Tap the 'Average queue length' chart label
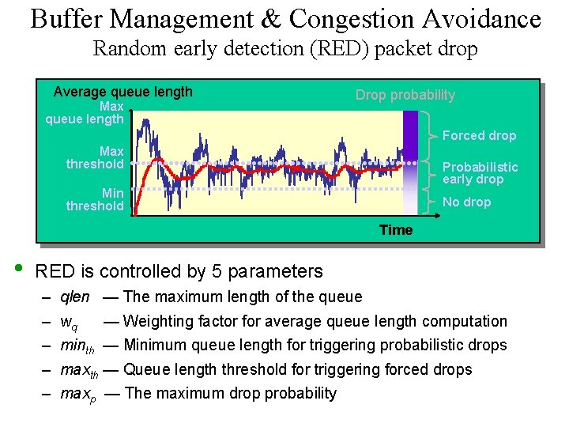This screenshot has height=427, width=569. pyautogui.click(x=122, y=92)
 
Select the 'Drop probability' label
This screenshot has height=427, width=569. pyautogui.click(x=405, y=95)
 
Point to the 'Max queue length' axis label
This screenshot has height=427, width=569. pyautogui.click(x=85, y=112)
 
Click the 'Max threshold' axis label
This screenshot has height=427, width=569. pyautogui.click(x=95, y=157)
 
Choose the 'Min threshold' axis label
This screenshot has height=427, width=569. pyautogui.click(x=95, y=199)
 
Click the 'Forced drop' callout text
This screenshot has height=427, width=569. pyautogui.click(x=479, y=135)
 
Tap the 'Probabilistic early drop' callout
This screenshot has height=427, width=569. pyautogui.click(x=480, y=172)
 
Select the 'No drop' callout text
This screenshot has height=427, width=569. pyautogui.click(x=466, y=202)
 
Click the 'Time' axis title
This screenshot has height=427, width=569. pyautogui.click(x=395, y=230)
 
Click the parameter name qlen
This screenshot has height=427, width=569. pyautogui.click(x=75, y=297)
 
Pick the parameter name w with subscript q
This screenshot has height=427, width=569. pyautogui.click(x=69, y=323)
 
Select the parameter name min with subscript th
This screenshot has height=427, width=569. pyautogui.click(x=77, y=346)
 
